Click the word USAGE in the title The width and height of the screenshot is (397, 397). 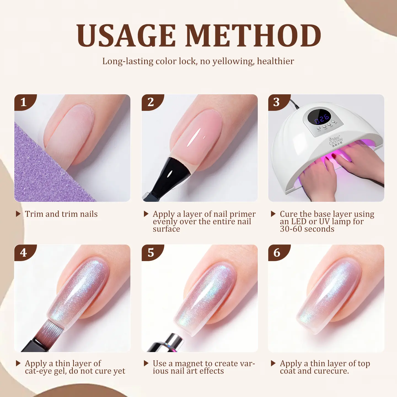click(126, 35)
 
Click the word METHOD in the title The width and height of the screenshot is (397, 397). click(253, 35)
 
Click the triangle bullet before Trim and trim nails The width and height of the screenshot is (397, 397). click(18, 214)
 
